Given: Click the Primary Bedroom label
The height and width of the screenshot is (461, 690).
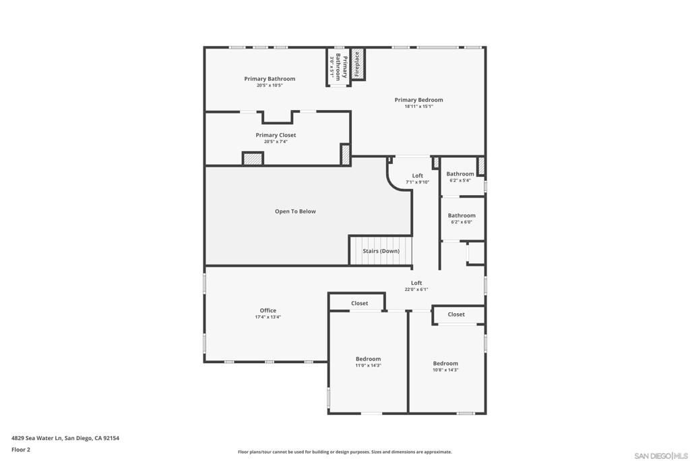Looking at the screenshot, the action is (418, 100).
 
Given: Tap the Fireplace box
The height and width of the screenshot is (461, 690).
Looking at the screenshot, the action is (358, 64).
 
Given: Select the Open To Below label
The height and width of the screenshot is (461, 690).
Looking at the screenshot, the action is (295, 211).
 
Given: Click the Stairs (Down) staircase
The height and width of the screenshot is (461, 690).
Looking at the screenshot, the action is (381, 251).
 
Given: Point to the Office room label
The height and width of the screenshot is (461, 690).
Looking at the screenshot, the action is (268, 310).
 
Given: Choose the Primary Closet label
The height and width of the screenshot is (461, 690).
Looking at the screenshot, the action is (276, 135).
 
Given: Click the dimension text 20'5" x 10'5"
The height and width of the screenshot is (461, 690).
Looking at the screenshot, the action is (270, 86).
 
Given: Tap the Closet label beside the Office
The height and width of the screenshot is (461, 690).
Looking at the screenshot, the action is (360, 303).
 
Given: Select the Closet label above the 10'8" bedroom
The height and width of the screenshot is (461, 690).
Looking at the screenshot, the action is (456, 315).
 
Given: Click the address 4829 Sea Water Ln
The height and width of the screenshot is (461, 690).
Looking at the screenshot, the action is (37, 438).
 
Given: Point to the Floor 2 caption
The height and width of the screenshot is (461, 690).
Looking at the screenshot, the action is (21, 450).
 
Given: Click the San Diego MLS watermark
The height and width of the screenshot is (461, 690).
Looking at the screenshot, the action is (661, 456).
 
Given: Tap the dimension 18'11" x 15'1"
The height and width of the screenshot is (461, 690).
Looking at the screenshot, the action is (419, 106).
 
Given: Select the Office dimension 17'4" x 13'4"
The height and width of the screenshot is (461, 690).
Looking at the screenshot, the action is (268, 317).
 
